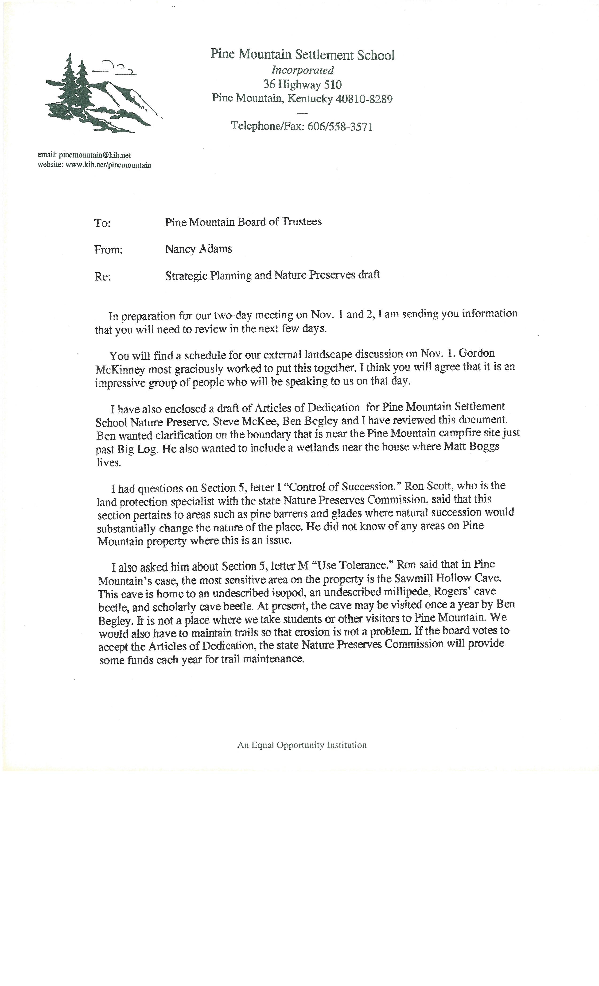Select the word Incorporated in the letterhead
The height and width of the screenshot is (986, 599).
(x=302, y=70)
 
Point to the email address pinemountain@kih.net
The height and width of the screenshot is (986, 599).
(x=95, y=155)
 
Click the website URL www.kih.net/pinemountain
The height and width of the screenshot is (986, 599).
(x=108, y=165)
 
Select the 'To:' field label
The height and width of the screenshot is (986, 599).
(x=102, y=223)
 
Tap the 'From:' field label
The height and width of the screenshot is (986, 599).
(x=108, y=250)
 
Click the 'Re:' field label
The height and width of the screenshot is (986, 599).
(x=102, y=277)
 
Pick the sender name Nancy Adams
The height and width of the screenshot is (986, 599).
(x=198, y=249)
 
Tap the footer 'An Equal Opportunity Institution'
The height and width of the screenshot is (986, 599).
(x=302, y=745)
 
